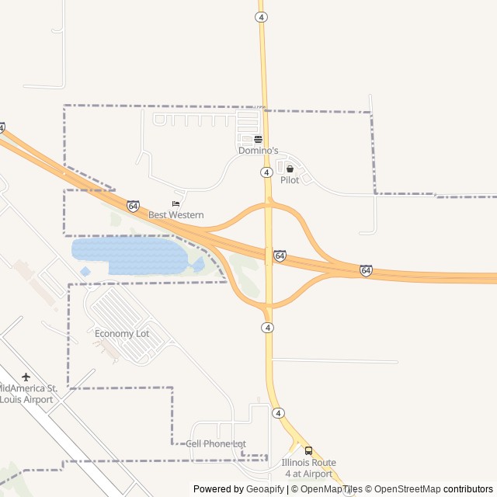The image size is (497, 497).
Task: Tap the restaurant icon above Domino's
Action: (258, 140)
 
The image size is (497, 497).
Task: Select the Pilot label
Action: (290, 180)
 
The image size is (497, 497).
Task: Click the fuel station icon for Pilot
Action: (290, 169)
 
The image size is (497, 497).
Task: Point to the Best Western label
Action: (176, 215)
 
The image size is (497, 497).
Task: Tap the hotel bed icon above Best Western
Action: (176, 204)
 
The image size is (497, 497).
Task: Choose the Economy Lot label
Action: (122, 334)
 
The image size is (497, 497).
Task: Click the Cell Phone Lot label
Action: (216, 443)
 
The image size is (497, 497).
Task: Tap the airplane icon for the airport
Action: (26, 377)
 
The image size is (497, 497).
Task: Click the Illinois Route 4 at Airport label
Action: (308, 467)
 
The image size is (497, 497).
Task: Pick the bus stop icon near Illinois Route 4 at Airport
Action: (308, 450)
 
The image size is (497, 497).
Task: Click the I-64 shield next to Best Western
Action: (133, 206)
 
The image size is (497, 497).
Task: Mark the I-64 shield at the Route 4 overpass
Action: (280, 255)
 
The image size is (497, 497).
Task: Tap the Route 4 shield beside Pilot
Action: (266, 172)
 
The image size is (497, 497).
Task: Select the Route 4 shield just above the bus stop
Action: (279, 413)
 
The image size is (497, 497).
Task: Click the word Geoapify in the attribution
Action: (266, 489)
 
